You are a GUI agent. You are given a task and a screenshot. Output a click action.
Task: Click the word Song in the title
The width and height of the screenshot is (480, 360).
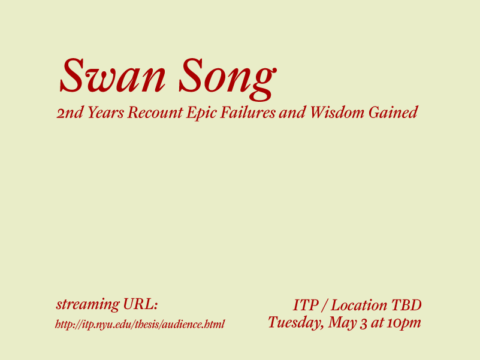pyautogui.click(x=228, y=79)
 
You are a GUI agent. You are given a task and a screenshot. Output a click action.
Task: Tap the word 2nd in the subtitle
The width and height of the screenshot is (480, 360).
pyautogui.click(x=70, y=113)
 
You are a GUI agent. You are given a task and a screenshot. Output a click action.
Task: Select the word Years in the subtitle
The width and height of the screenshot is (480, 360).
pyautogui.click(x=105, y=113)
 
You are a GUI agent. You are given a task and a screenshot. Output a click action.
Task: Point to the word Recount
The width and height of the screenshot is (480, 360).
pyautogui.click(x=155, y=113)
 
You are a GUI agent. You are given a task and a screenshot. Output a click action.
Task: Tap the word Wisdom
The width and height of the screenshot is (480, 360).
pyautogui.click(x=337, y=113)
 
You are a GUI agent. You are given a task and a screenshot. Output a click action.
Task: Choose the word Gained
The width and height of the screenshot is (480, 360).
pyautogui.click(x=393, y=113)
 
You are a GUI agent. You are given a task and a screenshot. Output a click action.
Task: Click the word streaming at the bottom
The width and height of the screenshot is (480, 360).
pyautogui.click(x=88, y=304)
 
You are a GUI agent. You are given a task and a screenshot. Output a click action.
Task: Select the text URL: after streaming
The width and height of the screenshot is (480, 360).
pyautogui.click(x=140, y=304)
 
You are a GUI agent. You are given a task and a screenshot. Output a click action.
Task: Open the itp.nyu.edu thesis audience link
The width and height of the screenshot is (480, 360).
pyautogui.click(x=140, y=324)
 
